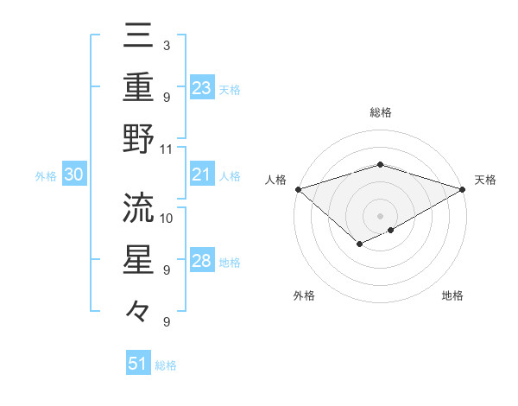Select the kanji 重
(x=138, y=86)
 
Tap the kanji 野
(x=138, y=138)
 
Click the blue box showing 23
(x=202, y=87)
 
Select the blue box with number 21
(x=202, y=175)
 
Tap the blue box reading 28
(x=202, y=262)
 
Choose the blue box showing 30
(x=73, y=175)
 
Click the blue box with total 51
(x=138, y=364)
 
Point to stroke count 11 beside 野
(x=167, y=149)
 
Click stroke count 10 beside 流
(x=167, y=217)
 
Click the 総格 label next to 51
(x=166, y=365)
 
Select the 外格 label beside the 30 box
(x=46, y=176)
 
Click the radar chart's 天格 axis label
(x=485, y=180)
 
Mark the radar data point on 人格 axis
(x=298, y=189)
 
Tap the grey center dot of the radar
(x=380, y=215)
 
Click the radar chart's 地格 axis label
(x=452, y=295)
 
